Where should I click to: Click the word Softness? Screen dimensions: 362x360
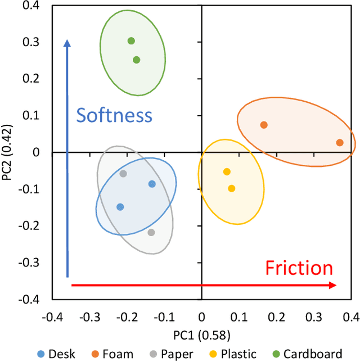point(114,115)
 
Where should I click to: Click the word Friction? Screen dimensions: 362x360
point(299,268)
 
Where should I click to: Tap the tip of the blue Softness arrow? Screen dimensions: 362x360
point(67,40)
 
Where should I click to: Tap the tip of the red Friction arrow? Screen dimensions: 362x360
point(336,286)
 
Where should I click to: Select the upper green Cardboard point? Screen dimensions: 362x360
point(131,40)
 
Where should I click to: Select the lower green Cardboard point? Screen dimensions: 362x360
point(136,60)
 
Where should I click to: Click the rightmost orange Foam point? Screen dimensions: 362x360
point(340,143)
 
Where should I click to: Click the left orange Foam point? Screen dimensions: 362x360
point(264,125)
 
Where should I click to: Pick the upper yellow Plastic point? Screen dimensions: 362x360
point(227,171)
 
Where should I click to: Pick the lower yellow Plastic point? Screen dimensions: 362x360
point(231,188)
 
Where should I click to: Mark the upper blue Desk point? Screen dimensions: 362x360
point(152,184)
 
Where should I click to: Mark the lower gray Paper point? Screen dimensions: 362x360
point(151,232)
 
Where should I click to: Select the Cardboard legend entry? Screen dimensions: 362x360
point(309,354)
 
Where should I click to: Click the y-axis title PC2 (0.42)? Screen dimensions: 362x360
point(8,152)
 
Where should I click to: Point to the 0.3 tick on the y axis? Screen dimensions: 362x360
point(33,42)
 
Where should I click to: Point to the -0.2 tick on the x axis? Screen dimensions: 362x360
point(124,316)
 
